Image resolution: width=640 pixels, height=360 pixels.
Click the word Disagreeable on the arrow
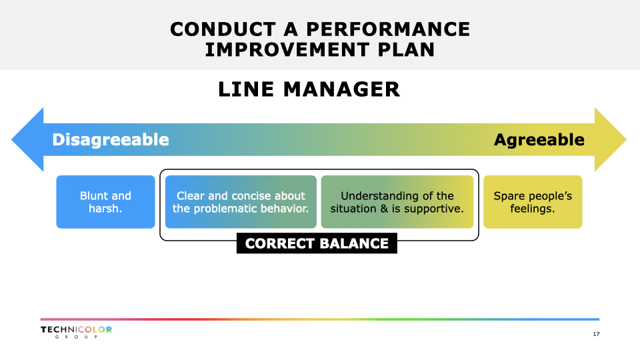click(x=110, y=139)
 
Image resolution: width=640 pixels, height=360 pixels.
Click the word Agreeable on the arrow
click(x=539, y=139)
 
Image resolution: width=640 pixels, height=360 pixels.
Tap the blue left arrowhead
click(x=28, y=139)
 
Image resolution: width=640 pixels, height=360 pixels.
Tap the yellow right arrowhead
click(x=611, y=139)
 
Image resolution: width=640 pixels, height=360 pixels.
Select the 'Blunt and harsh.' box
click(x=106, y=202)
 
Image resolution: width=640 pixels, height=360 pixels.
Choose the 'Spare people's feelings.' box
click(x=533, y=202)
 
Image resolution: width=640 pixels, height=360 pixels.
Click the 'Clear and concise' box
click(x=241, y=202)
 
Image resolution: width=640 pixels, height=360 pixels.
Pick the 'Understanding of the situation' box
click(x=397, y=202)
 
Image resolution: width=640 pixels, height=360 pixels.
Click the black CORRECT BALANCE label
click(x=317, y=243)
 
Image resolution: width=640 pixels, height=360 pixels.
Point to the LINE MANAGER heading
click(x=309, y=89)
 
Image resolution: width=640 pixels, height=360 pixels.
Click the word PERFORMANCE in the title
click(x=388, y=29)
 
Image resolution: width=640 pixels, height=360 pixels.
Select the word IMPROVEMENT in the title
click(x=287, y=50)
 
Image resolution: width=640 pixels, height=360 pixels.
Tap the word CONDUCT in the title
click(x=223, y=29)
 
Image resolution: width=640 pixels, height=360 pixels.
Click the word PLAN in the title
click(x=406, y=50)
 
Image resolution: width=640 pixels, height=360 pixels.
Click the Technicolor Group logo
click(x=76, y=332)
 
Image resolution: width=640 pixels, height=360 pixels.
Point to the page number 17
click(x=596, y=334)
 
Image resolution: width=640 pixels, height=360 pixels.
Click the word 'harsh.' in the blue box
click(x=106, y=209)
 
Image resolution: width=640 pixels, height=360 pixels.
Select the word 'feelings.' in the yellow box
click(x=533, y=209)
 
